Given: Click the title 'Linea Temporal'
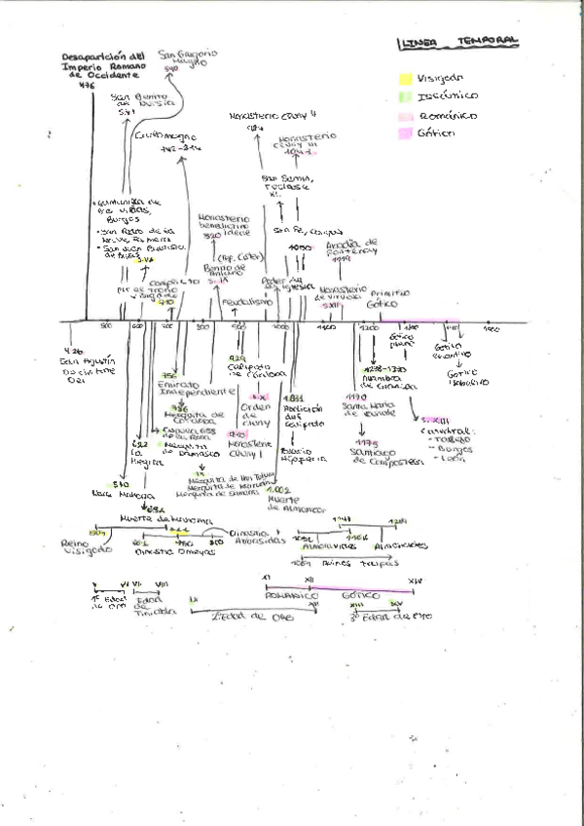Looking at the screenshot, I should point(457,42).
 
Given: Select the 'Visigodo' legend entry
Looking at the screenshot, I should point(439,77).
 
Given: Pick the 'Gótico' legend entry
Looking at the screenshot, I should point(436,132).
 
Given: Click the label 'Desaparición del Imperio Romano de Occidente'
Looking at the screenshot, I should point(100,64).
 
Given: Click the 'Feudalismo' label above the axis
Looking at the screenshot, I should point(237,302).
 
